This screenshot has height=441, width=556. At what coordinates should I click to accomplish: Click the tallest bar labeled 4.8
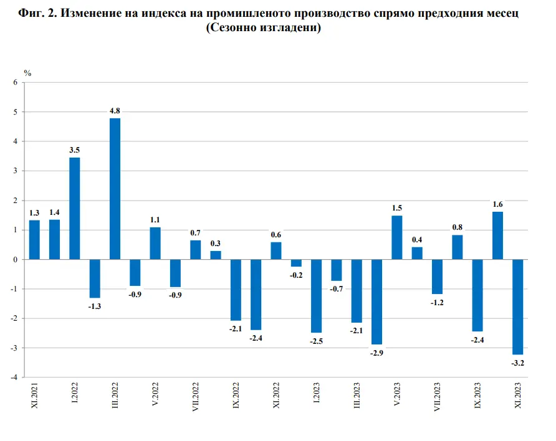115,189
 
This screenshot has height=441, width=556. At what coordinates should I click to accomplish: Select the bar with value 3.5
75,208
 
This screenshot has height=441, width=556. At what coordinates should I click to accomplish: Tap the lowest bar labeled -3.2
517,306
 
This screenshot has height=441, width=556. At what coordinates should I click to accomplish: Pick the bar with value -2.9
376,301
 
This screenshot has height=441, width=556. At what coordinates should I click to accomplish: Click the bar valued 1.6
497,235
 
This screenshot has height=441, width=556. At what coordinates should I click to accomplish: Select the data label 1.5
396,207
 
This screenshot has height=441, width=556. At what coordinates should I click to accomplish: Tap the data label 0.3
215,243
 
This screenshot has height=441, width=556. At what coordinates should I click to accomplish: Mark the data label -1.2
437,303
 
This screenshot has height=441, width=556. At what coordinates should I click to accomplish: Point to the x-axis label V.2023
397,395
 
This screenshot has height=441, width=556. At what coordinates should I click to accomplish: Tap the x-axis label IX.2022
236,396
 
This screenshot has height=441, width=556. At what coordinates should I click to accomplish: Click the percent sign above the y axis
27,73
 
